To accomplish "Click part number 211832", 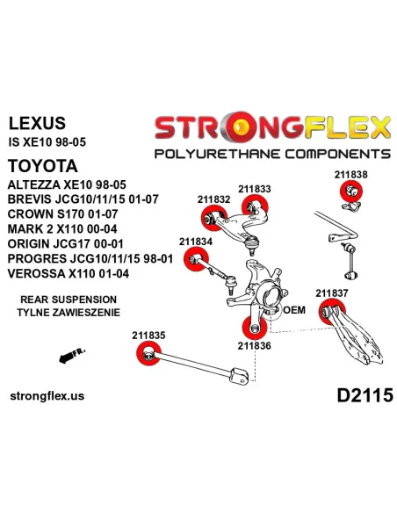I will pos(213,199).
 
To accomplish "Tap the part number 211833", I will pos(254,188).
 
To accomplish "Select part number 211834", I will pos(195,240).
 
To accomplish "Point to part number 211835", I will pos(149,335).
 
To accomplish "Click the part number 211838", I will pos(351,174).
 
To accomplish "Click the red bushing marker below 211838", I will pos(350,191).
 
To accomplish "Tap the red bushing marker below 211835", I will pos(148,354).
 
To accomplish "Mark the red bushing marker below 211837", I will pos(330,311).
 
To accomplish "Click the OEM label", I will pos(292,310).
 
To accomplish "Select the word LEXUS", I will pos(35,123).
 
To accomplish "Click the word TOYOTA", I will pos(42,165).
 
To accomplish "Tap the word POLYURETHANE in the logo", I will pos(209,155).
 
